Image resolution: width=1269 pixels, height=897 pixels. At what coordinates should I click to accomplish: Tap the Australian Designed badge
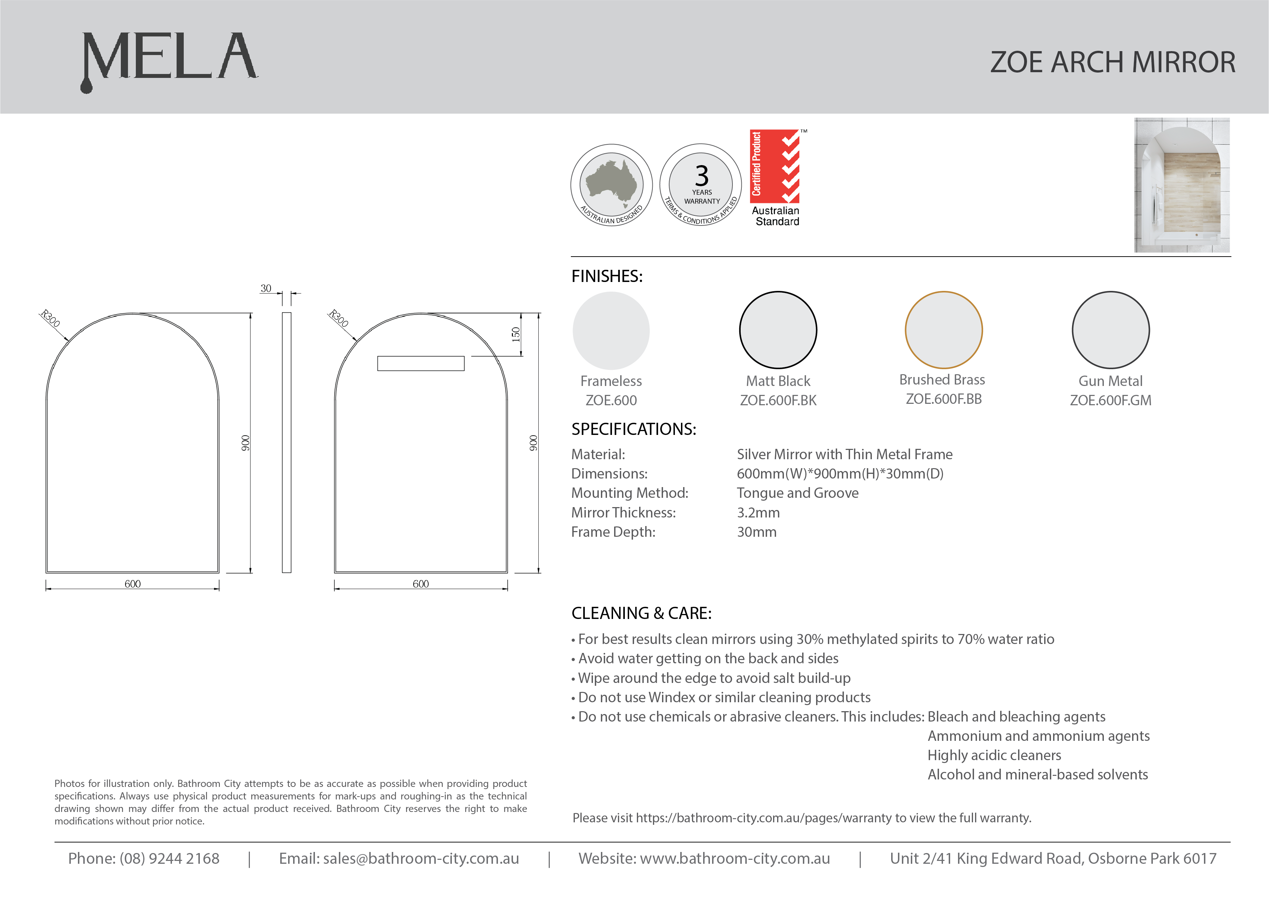pos(611,185)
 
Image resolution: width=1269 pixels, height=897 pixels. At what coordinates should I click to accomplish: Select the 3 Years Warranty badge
pos(701,185)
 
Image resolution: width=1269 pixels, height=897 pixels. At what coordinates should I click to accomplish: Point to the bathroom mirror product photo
pos(1182,185)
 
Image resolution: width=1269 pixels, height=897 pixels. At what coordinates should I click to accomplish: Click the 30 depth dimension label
pos(266,288)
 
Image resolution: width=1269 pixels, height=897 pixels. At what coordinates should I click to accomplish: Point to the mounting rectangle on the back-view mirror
pos(421,363)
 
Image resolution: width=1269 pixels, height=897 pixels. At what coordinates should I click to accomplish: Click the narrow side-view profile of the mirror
pos(286,442)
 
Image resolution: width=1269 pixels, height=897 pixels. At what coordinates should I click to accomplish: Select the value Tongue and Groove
pos(798,493)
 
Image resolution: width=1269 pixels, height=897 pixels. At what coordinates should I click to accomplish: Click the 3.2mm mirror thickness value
pos(758,512)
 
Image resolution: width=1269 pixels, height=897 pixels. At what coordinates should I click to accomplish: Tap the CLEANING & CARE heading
pos(641,613)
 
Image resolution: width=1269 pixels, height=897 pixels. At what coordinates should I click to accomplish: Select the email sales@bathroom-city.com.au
pos(421,858)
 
